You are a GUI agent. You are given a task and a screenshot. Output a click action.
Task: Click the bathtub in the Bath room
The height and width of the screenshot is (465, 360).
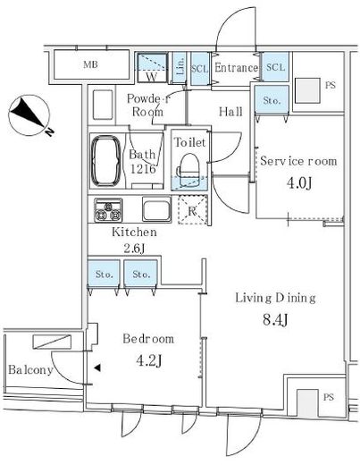tap(106, 161)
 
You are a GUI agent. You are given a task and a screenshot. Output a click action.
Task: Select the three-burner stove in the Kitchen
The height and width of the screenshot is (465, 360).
tap(108, 210)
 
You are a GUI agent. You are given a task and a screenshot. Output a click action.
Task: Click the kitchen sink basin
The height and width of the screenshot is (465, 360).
tap(156, 209)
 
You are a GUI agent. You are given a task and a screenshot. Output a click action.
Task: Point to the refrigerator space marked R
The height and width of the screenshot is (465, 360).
tap(192, 210)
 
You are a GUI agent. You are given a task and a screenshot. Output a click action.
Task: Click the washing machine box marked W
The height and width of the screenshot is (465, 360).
tap(152, 67)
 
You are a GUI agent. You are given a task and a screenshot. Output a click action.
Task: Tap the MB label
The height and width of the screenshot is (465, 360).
tap(90, 64)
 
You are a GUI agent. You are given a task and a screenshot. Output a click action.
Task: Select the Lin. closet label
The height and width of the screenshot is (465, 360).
tap(180, 67)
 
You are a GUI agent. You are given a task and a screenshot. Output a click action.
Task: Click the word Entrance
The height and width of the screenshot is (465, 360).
tap(236, 68)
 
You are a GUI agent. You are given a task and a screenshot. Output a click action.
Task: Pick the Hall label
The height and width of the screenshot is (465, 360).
tap(230, 112)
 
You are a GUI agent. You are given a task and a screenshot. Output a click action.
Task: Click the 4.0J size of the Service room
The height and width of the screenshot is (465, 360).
tap(299, 183)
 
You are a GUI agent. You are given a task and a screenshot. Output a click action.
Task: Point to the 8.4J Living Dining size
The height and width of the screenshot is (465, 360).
tap(275, 320)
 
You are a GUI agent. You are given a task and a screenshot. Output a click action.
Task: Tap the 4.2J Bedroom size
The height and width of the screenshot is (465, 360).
tap(149, 361)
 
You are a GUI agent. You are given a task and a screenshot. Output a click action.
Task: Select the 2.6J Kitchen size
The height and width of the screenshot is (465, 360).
tap(134, 248)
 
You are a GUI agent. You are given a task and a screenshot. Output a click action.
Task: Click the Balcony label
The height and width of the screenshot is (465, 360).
tap(30, 370)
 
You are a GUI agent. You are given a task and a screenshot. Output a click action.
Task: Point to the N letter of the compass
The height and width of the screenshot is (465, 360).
tap(49, 131)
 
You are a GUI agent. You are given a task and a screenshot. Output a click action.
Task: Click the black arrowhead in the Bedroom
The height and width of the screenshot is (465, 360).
tap(97, 368)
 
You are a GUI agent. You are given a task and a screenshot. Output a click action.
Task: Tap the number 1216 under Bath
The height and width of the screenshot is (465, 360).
tap(143, 169)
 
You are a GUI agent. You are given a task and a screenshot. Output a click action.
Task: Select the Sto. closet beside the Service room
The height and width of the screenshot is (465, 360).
tap(272, 100)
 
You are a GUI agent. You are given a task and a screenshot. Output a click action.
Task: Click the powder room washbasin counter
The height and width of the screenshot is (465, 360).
tap(103, 106)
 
